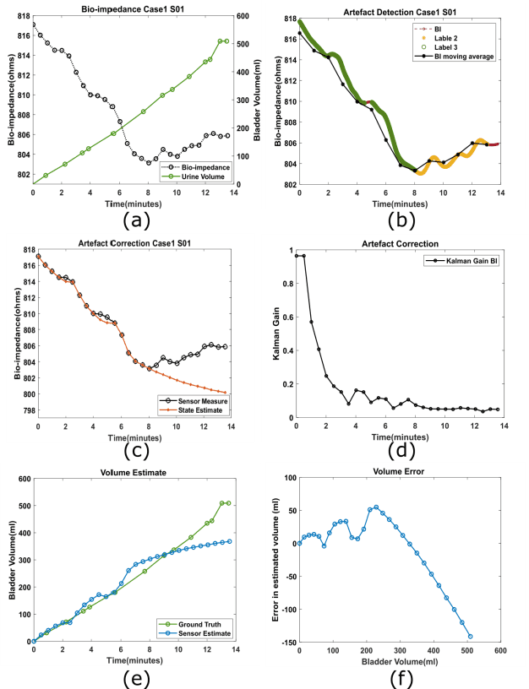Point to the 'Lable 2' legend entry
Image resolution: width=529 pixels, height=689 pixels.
pyautogui.click(x=446, y=38)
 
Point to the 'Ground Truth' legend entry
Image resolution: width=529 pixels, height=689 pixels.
pyautogui.click(x=202, y=623)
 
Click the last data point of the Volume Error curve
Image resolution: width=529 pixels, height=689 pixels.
pyautogui.click(x=470, y=637)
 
